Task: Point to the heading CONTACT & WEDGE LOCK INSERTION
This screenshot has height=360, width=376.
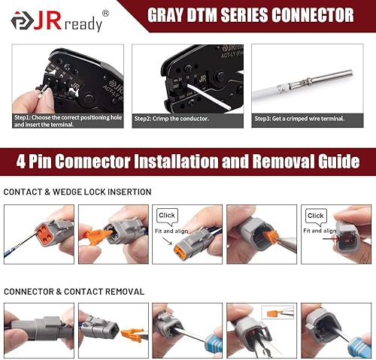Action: (x=77, y=192)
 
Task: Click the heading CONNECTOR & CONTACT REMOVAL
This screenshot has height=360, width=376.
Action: (x=74, y=291)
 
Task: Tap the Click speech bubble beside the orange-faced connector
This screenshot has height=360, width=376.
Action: (x=167, y=215)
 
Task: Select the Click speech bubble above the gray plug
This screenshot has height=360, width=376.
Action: (x=315, y=216)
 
